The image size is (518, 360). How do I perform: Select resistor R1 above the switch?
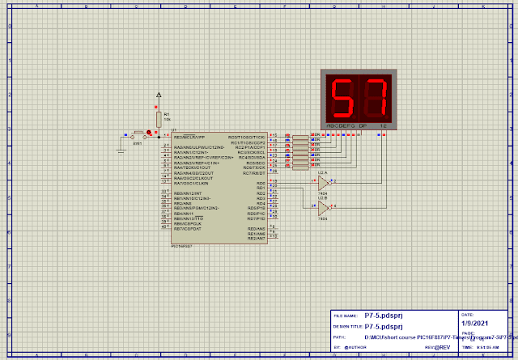[x=159, y=118]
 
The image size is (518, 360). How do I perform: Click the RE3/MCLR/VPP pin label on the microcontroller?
[x=190, y=138]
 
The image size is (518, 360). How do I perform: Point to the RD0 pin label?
[x=261, y=184]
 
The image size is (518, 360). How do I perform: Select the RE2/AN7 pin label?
[x=257, y=239]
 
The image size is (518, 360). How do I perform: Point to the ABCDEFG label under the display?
[x=340, y=127]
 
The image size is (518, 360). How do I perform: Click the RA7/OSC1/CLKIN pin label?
[x=194, y=183]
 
